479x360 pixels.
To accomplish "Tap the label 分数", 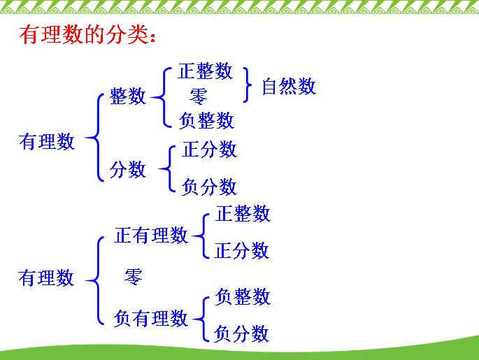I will click(128, 169).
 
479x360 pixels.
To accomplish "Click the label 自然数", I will click(288, 87).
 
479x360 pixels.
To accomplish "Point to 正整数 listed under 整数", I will click(205, 71).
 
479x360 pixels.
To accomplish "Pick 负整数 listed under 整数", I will click(206, 120).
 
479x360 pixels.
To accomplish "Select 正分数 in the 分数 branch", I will click(209, 150).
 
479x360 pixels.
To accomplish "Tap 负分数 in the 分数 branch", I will click(209, 187).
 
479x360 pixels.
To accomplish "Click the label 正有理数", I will click(151, 236).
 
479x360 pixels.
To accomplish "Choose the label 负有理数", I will click(151, 319).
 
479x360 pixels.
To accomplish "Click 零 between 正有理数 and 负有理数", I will click(133, 277).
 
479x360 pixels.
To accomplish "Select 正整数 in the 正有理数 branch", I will click(242, 214).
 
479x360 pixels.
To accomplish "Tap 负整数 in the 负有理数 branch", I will click(242, 296).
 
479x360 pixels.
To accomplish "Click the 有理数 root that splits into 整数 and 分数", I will click(47, 142).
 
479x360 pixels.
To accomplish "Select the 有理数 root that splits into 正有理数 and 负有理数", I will click(46, 278).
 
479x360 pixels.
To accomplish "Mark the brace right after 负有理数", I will click(200, 318).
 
